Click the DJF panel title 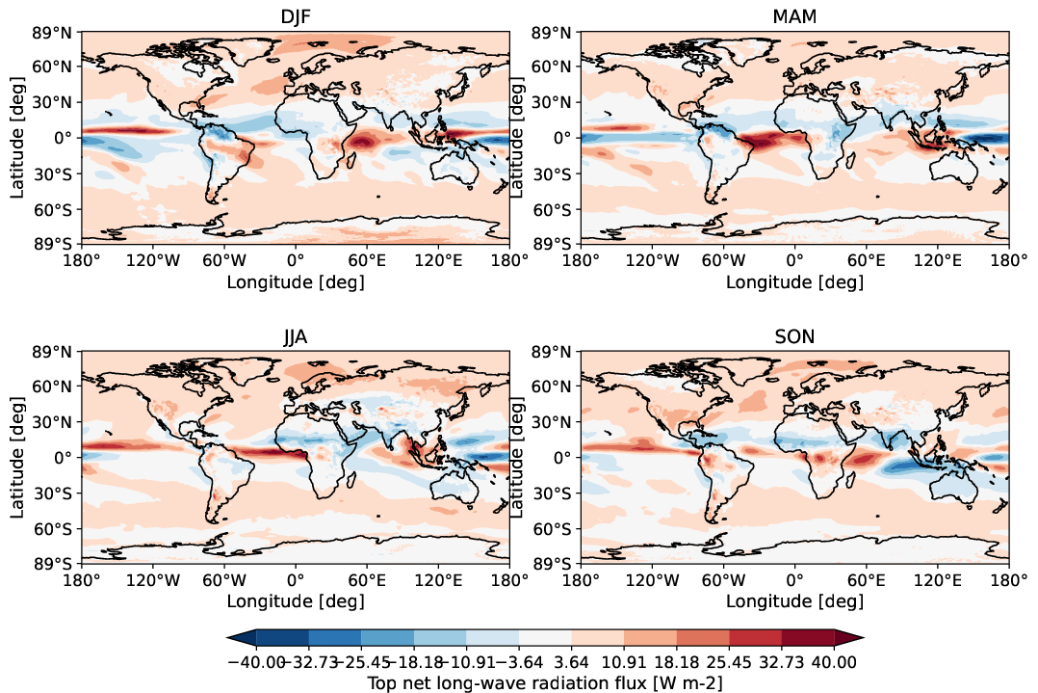295,16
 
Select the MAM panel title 794,16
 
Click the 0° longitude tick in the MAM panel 794,260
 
